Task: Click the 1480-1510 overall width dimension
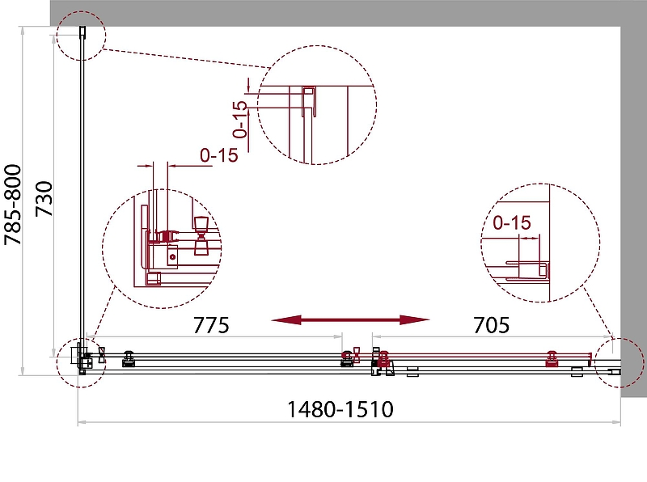tap(340, 409)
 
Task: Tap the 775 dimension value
tap(211, 325)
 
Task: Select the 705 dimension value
tap(491, 325)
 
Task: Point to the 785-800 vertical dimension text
tap(13, 205)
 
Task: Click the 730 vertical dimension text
tap(44, 199)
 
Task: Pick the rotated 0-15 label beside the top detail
tap(239, 119)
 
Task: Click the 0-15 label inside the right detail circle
tap(512, 223)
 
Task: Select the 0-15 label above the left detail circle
tap(219, 155)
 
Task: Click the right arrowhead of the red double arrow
tap(415, 319)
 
